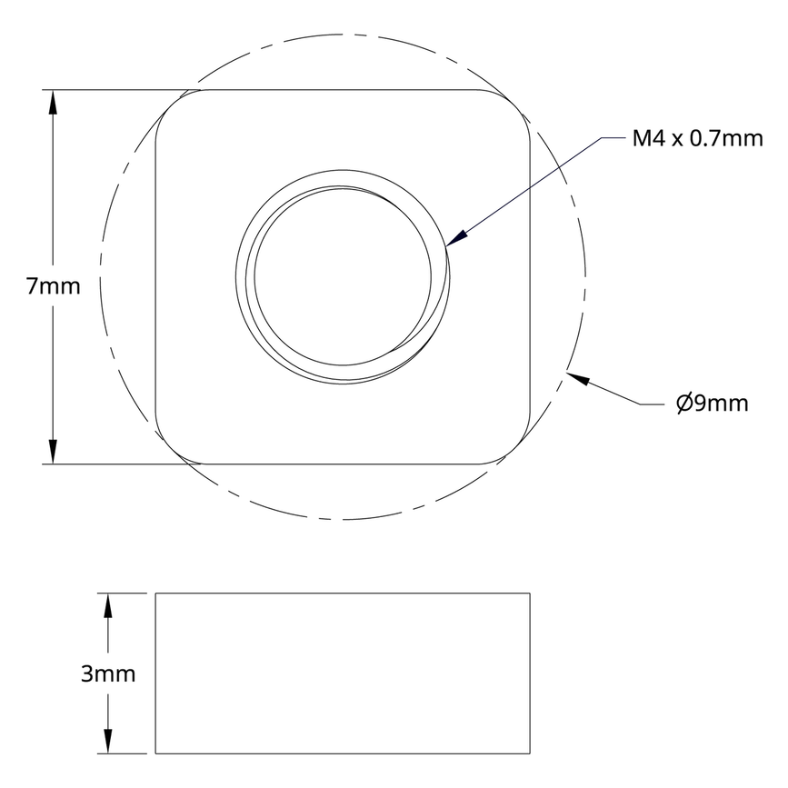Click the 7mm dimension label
[53, 287]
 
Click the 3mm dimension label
[108, 673]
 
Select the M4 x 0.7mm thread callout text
[697, 139]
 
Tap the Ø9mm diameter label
[712, 404]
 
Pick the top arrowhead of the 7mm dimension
[54, 101]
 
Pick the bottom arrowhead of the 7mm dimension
[54, 452]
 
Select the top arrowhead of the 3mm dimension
[108, 604]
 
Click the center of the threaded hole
[344, 276]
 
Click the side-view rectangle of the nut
[344, 673]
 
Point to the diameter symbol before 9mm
[684, 404]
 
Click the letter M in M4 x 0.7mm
[643, 139]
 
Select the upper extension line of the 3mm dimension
[123, 593]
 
